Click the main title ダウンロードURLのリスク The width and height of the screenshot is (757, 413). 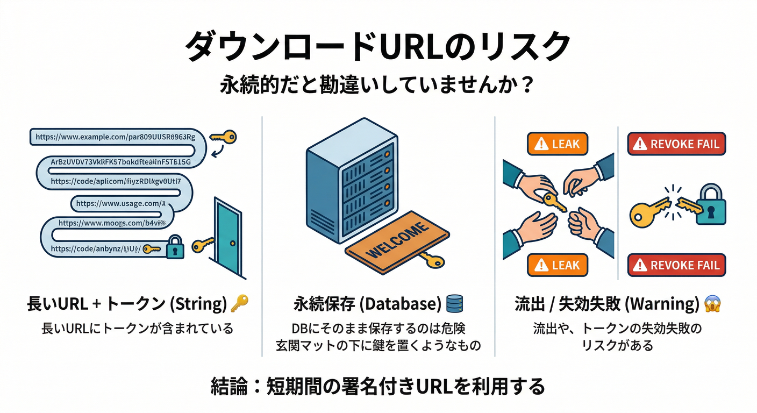coord(377,47)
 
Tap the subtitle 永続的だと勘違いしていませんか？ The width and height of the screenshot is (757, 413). coord(377,86)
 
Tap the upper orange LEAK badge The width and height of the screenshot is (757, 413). coord(558,144)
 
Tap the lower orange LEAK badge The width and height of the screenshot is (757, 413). coord(558,265)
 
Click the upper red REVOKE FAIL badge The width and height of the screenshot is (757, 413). coord(676,144)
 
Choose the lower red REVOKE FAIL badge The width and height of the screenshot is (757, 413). coord(676,265)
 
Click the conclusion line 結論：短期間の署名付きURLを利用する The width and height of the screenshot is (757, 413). coord(377,386)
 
